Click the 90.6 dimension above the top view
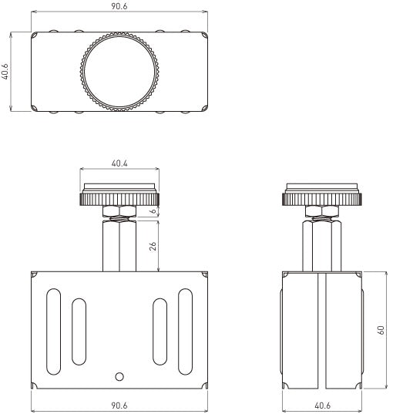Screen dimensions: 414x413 tap(119, 6)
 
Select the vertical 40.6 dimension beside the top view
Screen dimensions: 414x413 tap(6, 72)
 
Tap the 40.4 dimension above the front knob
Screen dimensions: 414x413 tap(119, 164)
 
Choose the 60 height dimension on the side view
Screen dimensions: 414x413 tap(380, 330)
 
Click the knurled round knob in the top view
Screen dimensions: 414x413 tap(119, 72)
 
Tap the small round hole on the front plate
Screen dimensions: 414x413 tap(119, 376)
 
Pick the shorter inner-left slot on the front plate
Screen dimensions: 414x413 tap(78, 332)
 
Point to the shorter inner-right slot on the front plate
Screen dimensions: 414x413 tap(160, 332)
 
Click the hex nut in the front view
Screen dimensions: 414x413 tap(119, 212)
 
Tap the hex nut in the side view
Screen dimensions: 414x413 tap(322, 212)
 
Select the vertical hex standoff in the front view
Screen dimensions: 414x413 tap(119, 245)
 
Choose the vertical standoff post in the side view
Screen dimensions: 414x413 tap(322, 245)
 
